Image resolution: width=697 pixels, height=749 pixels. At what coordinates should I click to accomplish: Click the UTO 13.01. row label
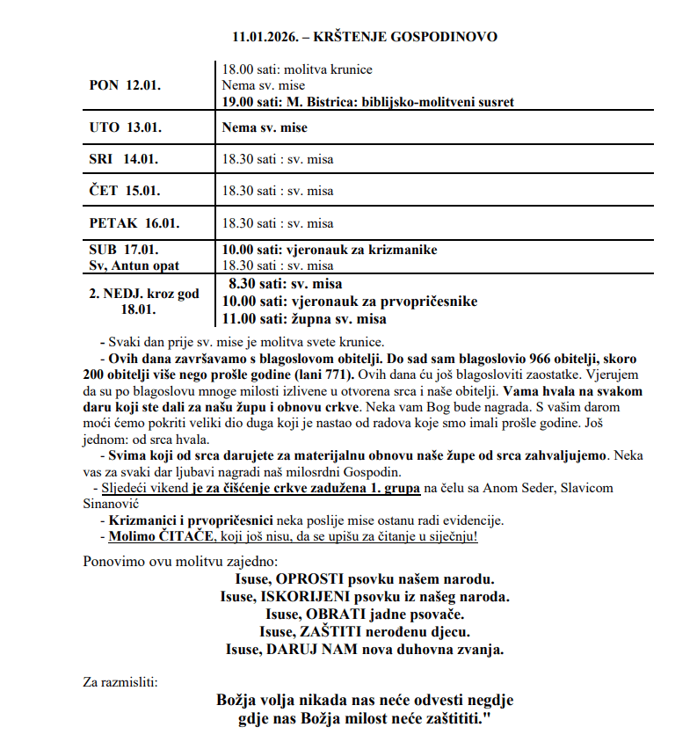(x=125, y=127)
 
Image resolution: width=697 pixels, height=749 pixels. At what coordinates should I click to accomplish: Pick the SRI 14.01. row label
(x=125, y=159)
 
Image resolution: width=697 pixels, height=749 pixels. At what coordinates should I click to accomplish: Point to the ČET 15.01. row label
(x=125, y=191)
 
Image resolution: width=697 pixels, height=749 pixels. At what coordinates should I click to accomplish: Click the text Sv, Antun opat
(x=134, y=265)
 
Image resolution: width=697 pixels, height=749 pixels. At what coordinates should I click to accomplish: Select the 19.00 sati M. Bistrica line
(x=367, y=102)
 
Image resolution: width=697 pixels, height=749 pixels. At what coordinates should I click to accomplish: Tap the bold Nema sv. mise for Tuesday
(x=265, y=127)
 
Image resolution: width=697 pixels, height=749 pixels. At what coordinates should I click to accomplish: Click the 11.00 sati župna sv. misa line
(x=304, y=318)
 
